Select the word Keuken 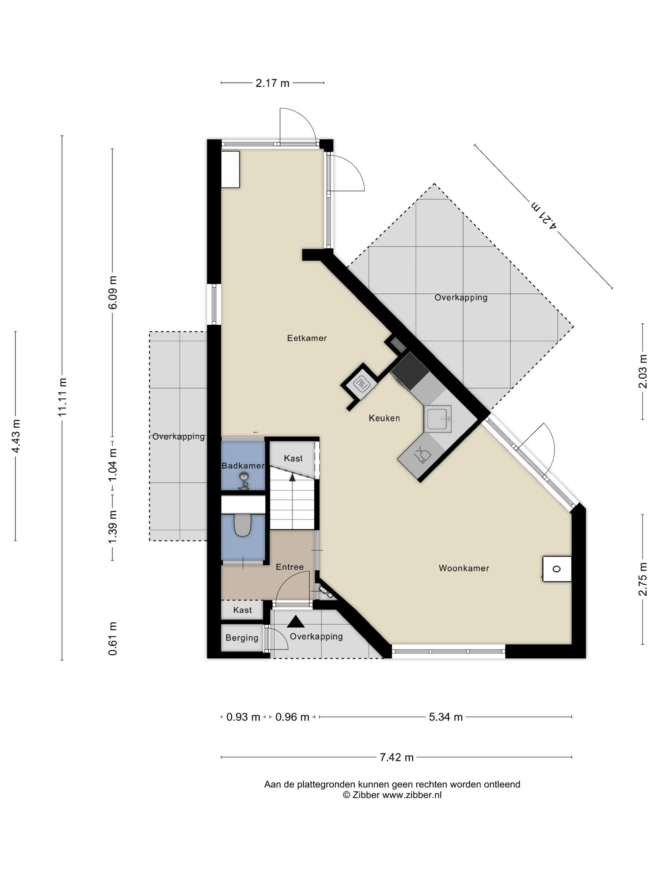[384, 418]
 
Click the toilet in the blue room [242, 525]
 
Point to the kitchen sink [437, 418]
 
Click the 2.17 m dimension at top [272, 83]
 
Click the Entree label [290, 567]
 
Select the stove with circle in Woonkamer [556, 569]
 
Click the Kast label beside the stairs [293, 458]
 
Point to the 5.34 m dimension [446, 717]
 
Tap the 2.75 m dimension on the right [643, 579]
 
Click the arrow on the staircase [292, 477]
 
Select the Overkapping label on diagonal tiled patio [461, 297]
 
